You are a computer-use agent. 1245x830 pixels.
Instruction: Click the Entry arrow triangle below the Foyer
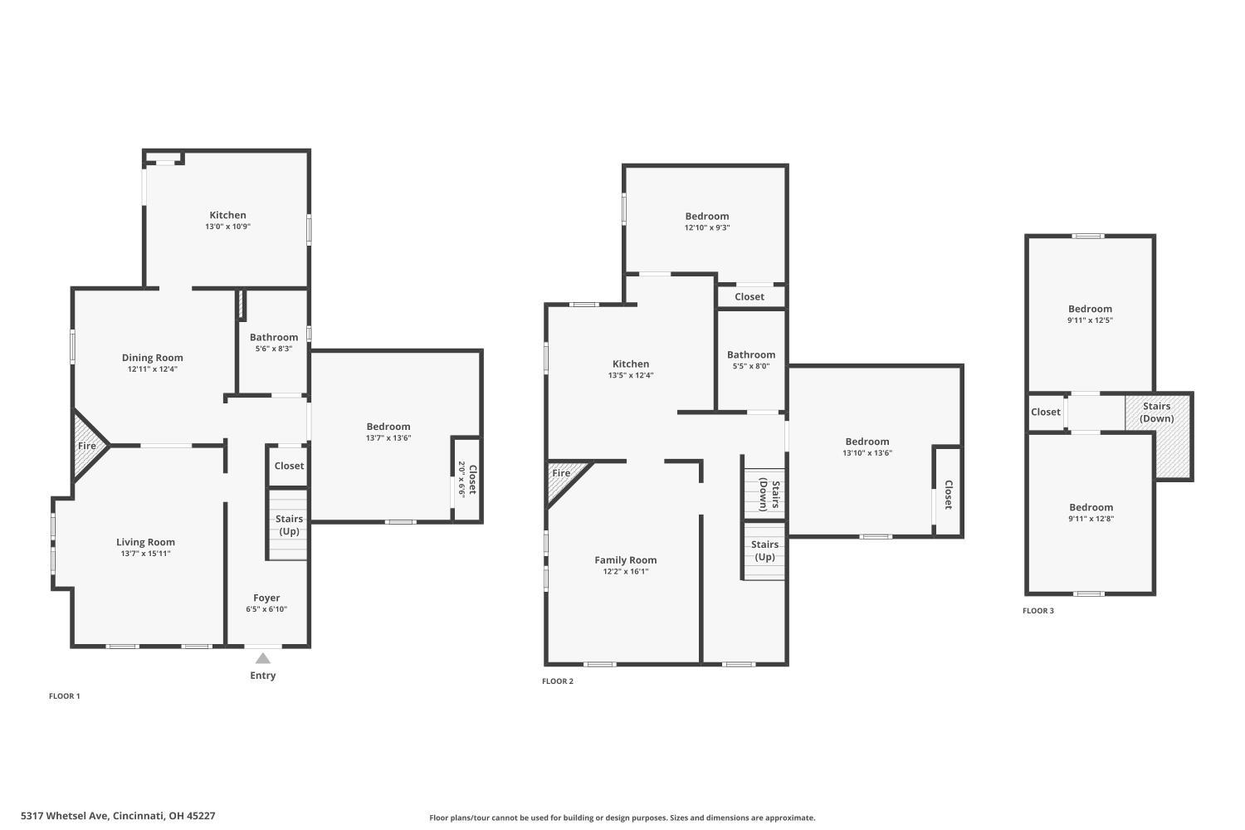pos(263,658)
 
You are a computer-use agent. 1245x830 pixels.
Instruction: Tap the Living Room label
pos(145,542)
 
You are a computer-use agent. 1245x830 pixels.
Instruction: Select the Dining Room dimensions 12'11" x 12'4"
pos(152,369)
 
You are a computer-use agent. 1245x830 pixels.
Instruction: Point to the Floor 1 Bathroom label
pos(273,337)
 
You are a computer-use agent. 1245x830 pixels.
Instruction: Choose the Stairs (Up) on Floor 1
pos(288,525)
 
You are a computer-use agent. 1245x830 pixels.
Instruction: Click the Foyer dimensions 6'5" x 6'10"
pos(266,609)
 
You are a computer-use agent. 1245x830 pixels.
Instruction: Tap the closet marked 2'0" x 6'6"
pos(466,479)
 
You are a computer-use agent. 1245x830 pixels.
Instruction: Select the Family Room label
pos(626,559)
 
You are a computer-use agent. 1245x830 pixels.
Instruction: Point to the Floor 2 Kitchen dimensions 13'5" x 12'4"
pos(631,375)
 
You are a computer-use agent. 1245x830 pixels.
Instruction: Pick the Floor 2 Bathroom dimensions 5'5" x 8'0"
pos(751,366)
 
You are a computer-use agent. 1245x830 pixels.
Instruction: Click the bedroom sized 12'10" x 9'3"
pos(706,222)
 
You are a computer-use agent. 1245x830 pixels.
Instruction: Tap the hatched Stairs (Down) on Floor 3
pos(1159,436)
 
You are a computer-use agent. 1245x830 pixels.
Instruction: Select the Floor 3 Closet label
pos(1046,412)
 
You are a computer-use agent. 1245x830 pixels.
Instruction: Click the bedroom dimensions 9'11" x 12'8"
pos(1091,519)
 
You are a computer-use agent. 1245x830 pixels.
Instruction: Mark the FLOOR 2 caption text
pos(558,681)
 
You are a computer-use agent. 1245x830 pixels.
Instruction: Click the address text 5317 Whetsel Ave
pos(66,816)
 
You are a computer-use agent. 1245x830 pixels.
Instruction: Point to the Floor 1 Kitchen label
pos(228,215)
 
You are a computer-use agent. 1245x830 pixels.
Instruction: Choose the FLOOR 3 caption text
pos(1038,610)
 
